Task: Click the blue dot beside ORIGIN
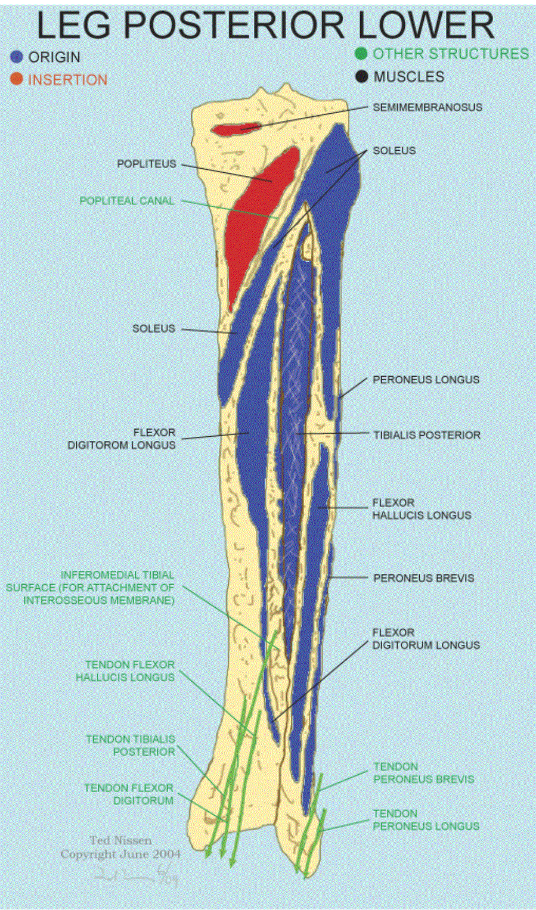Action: [x=17, y=57]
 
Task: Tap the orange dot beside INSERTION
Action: [x=17, y=79]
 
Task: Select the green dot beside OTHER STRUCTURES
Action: [x=361, y=54]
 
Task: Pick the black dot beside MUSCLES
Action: [x=361, y=77]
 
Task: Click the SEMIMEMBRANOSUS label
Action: [x=427, y=107]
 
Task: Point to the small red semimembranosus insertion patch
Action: [x=237, y=128]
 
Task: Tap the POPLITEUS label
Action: [x=147, y=164]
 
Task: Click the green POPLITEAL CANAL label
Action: [x=127, y=201]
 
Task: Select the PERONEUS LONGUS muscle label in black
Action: [x=426, y=380]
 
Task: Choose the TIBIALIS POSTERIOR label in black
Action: [x=426, y=435]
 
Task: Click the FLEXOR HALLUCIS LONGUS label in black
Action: [x=422, y=509]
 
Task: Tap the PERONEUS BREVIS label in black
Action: [x=423, y=578]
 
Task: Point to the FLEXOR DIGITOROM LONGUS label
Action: [x=122, y=439]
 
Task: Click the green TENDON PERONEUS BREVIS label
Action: [x=423, y=773]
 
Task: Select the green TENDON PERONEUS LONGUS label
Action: [x=426, y=820]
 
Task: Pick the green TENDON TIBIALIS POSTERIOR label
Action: [x=131, y=746]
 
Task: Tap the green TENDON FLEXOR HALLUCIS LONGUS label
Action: [x=125, y=671]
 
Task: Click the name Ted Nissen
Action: [x=120, y=840]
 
